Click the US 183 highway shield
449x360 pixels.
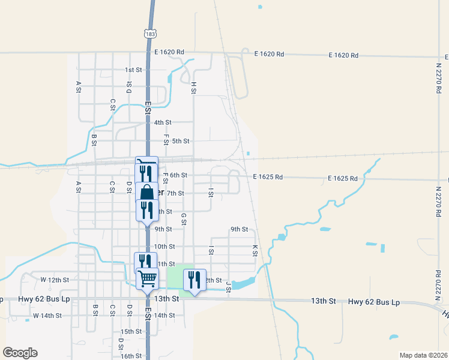coord(151,33)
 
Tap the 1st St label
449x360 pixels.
coord(133,70)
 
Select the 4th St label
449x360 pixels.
coord(163,122)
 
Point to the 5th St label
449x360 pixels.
coord(181,141)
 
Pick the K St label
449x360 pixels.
coord(255,250)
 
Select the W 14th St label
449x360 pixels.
coord(47,315)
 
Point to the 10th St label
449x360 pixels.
coord(164,246)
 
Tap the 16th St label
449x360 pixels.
coord(130,356)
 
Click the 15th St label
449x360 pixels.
coord(131,331)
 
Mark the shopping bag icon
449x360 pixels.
coord(146,193)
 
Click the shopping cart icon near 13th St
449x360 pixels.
coord(147,278)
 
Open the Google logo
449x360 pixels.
coord(20,353)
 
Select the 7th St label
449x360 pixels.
coord(175,193)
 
